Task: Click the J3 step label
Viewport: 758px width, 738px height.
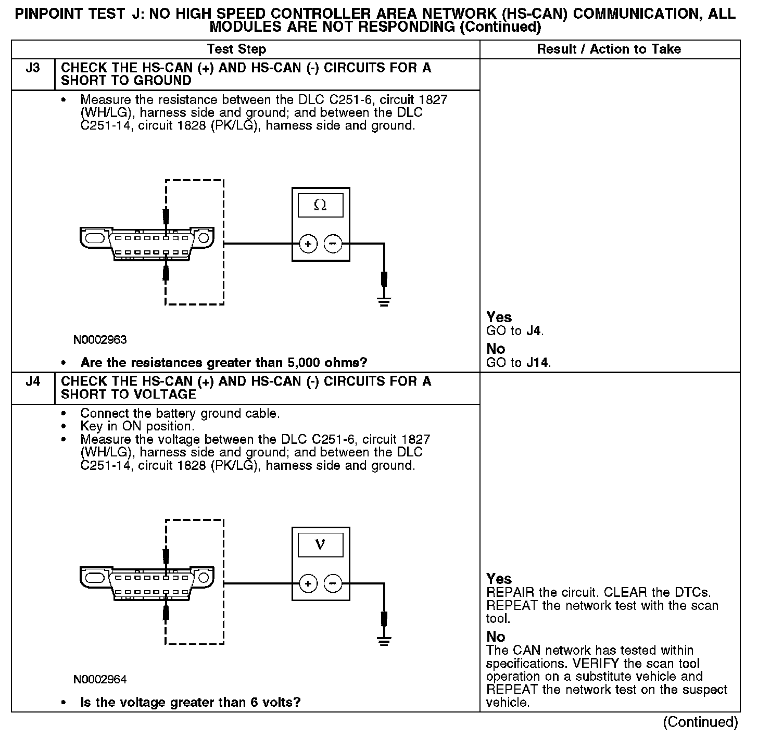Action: (x=32, y=68)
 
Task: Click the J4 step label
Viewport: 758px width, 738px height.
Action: (x=32, y=382)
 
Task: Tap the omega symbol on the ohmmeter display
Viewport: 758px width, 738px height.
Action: (x=320, y=206)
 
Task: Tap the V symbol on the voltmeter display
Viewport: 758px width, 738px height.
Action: (x=320, y=545)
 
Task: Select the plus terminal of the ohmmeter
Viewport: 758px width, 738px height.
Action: (x=308, y=244)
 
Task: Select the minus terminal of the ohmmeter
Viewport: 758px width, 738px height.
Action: (x=333, y=244)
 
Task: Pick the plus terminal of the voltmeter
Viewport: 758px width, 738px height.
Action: (x=308, y=583)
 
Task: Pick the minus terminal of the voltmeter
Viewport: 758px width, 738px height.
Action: (x=333, y=583)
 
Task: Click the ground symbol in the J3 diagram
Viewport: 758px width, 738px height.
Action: (x=384, y=301)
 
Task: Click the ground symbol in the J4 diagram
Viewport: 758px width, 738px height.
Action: (x=384, y=641)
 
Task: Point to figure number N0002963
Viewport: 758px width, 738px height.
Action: (x=100, y=340)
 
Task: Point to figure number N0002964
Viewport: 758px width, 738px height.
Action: (x=100, y=680)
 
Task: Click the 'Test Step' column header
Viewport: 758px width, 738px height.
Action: (x=236, y=49)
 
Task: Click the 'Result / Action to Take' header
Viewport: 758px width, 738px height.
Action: (x=609, y=49)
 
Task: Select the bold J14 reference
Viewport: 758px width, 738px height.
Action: (x=537, y=362)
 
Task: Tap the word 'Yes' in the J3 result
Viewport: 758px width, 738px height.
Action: (x=499, y=317)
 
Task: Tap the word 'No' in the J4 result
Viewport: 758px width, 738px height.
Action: (x=496, y=637)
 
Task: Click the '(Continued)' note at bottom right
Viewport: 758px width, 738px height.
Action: (x=700, y=722)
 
